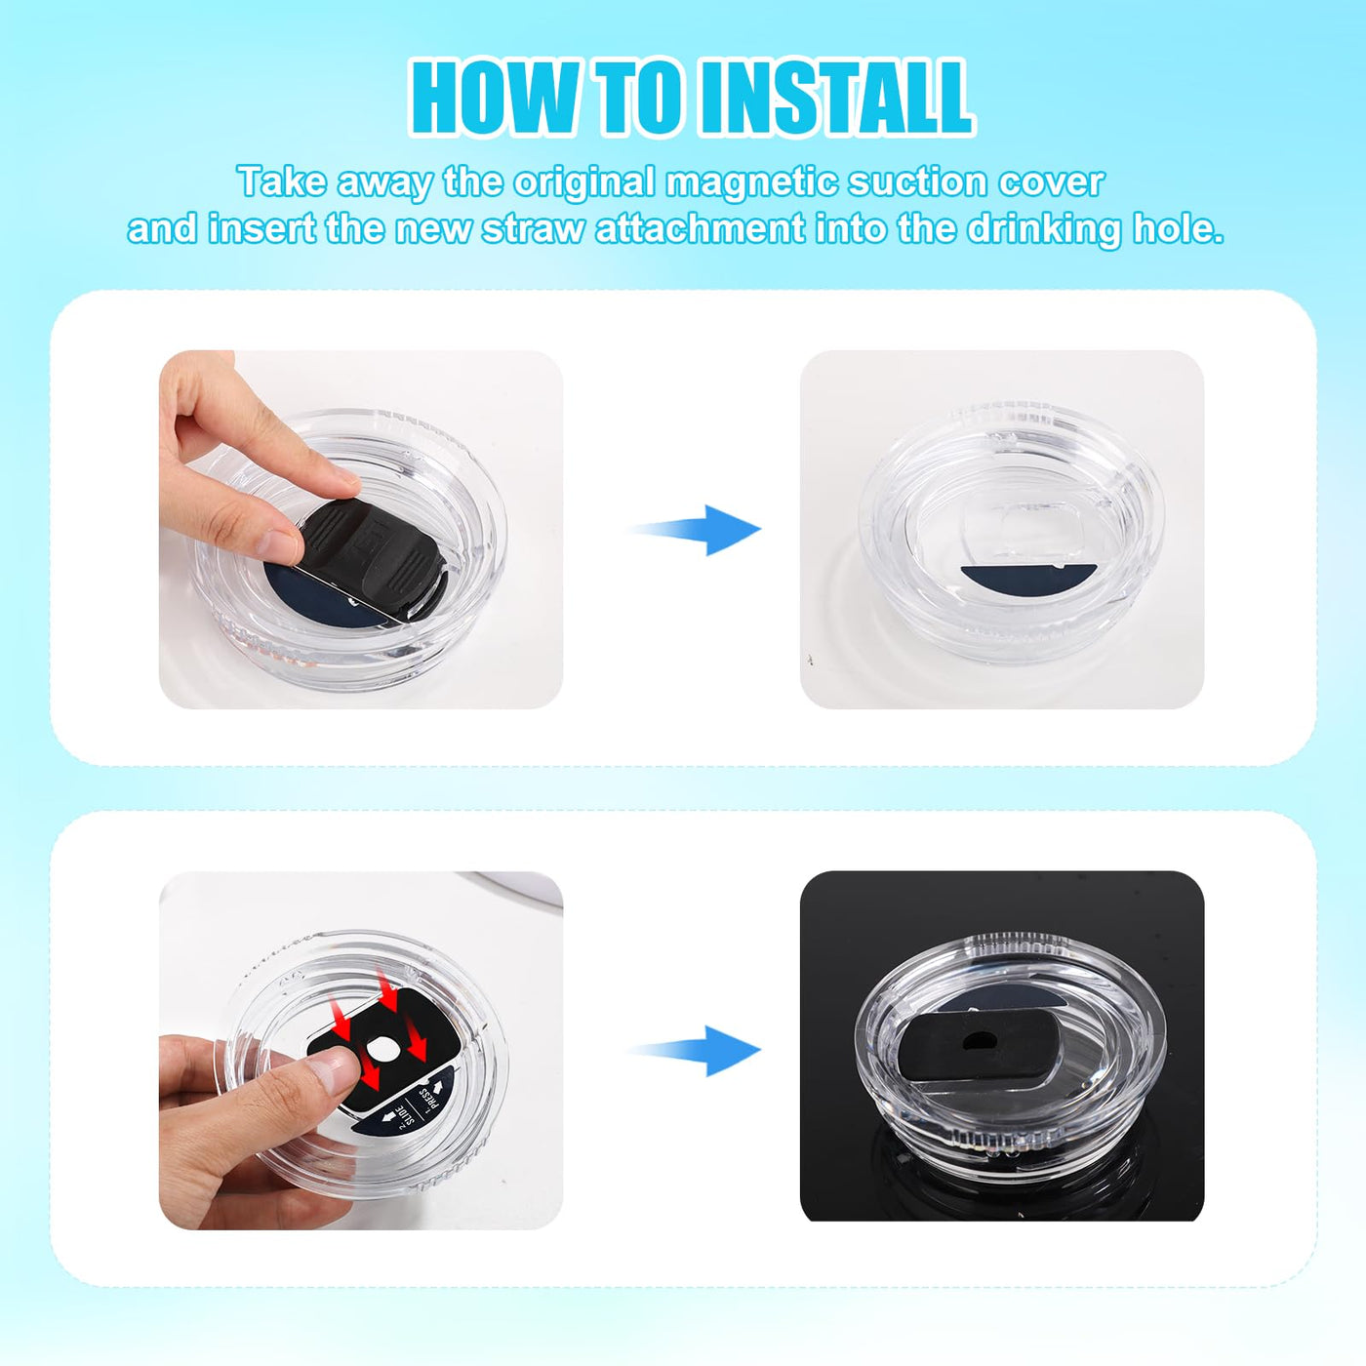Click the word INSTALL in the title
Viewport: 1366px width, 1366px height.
click(x=833, y=99)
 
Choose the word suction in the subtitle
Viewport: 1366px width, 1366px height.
click(x=916, y=183)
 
